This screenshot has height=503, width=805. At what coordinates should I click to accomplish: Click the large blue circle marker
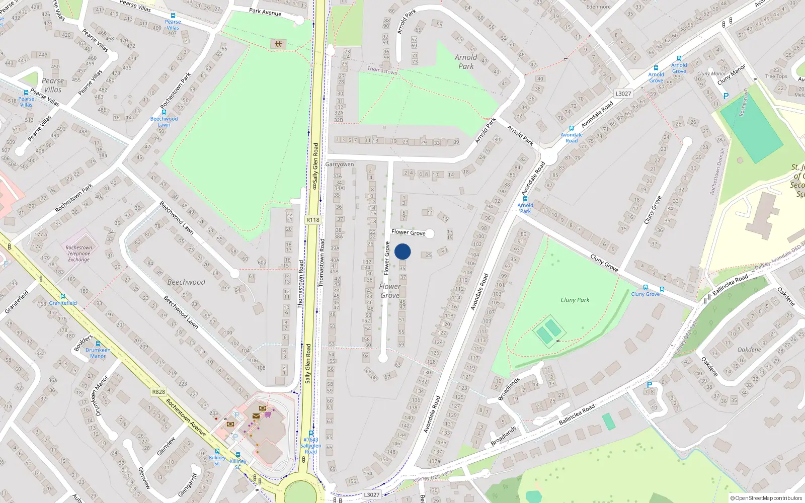point(403,251)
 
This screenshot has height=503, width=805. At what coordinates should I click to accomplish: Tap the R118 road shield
point(313,220)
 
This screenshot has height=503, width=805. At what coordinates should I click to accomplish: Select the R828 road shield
point(158,392)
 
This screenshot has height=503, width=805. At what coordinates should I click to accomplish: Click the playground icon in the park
point(278,44)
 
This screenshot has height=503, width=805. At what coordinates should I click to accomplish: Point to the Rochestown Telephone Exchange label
point(79,254)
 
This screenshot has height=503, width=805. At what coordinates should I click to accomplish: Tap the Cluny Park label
point(575,300)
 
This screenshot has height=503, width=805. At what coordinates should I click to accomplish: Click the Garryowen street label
point(340,164)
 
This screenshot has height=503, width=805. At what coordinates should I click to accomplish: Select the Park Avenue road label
point(265,12)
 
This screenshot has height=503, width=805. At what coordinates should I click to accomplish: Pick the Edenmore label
point(598,7)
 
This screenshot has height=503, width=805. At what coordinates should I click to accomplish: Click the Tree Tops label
point(776,76)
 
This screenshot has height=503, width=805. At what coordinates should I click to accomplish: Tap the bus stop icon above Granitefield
point(63,296)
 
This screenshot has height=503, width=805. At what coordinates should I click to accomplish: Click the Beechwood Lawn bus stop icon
point(164,112)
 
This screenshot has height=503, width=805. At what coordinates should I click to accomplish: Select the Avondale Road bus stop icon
point(571,128)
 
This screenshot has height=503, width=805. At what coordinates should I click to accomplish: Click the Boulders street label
point(84,343)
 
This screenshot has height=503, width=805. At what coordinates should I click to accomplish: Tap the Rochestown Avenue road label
point(186,417)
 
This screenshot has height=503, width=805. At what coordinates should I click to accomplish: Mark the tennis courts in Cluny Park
point(548,331)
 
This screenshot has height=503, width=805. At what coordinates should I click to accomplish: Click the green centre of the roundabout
point(300,493)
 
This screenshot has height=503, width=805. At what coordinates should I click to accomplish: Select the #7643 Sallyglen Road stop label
point(311,446)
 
